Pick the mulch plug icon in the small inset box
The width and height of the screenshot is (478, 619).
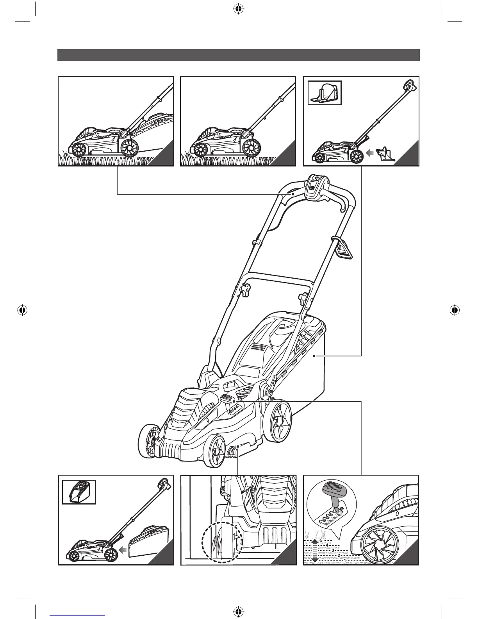coord(325,93)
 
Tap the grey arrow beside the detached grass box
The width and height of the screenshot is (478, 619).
coord(122,551)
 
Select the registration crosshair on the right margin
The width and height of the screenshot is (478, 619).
coord(454,311)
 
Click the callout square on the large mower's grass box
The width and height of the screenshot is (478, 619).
coord(314,356)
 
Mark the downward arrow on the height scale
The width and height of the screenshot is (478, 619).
coord(316,560)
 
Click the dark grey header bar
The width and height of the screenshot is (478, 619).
coord(239,55)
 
